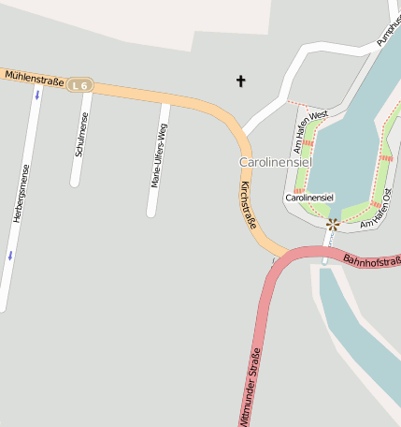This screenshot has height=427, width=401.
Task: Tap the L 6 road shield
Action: pyautogui.click(x=80, y=86)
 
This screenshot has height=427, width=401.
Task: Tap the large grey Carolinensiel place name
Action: pyautogui.click(x=275, y=163)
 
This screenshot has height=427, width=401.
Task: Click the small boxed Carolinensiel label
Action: pyautogui.click(x=309, y=199)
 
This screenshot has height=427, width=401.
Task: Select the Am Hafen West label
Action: pyautogui.click(x=310, y=131)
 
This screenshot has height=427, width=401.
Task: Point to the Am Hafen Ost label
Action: pyautogui.click(x=380, y=213)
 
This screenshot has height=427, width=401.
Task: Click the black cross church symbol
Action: pyautogui.click(x=240, y=82)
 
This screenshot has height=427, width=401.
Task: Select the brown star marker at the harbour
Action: pyautogui.click(x=332, y=223)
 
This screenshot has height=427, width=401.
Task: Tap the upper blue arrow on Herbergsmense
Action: pyautogui.click(x=37, y=95)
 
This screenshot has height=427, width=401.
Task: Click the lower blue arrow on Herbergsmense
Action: pyautogui.click(x=10, y=255)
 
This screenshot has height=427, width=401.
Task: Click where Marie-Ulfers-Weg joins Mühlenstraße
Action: pyautogui.click(x=166, y=101)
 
